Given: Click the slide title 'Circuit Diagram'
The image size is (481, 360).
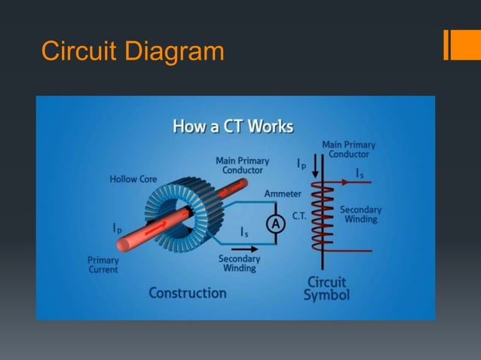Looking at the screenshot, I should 133,51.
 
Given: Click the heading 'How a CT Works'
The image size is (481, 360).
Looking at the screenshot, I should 234,126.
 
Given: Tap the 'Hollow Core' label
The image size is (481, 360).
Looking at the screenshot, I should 133,179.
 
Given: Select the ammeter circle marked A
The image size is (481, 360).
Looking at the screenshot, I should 276,224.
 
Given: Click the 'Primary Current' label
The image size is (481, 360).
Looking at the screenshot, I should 103,265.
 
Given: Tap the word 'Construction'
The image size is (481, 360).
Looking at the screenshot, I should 187,292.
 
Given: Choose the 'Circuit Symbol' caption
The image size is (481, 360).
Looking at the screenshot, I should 326,288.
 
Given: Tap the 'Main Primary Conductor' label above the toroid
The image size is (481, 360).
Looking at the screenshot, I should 242,166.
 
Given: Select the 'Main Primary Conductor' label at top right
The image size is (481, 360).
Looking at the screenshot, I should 348,149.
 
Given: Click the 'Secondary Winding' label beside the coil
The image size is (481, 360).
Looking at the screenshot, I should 360,214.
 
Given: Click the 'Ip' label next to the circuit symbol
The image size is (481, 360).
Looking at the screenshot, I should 300,163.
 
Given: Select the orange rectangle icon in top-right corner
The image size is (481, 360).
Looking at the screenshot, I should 456,44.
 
